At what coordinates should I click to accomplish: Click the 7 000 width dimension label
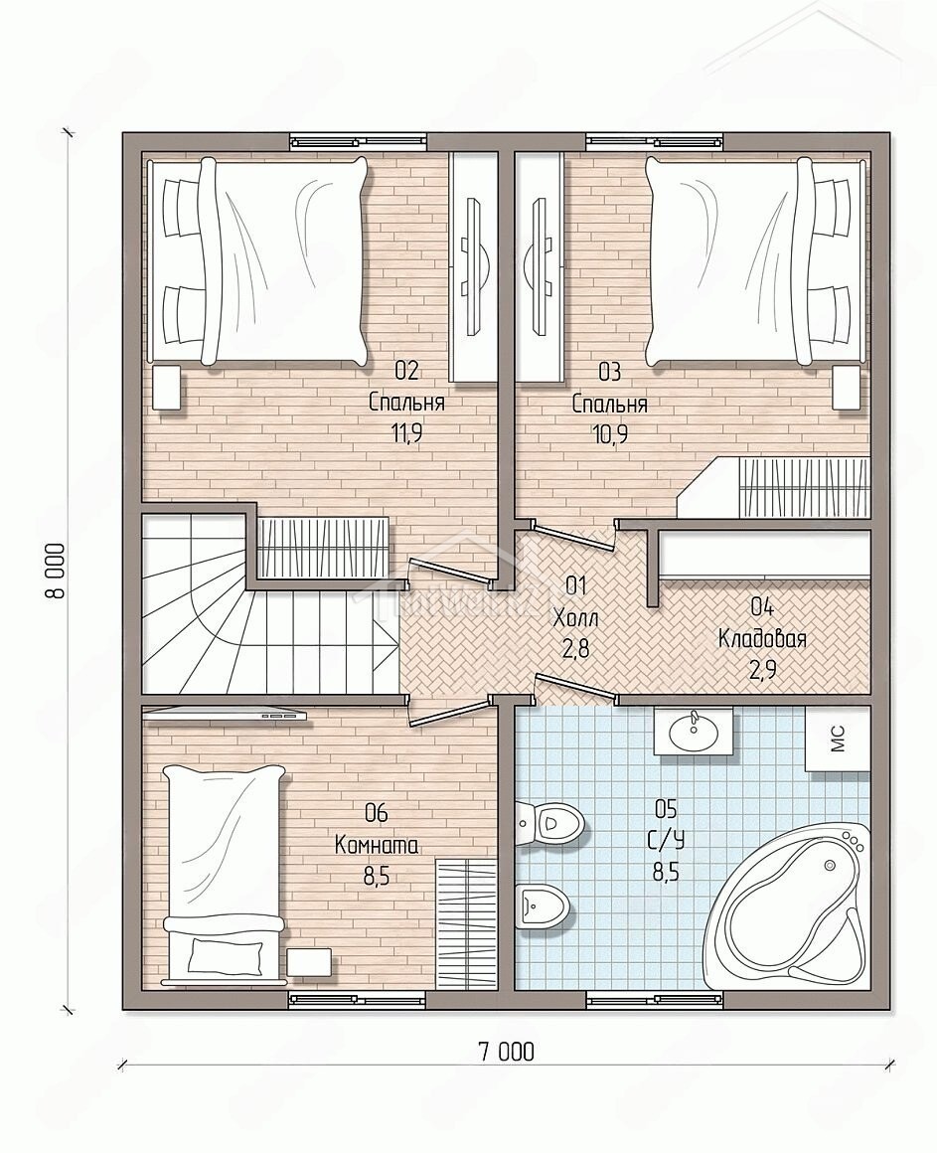tap(506, 1052)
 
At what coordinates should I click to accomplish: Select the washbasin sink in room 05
tap(693, 731)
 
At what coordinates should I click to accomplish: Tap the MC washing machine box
tap(838, 739)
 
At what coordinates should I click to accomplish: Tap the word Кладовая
tap(762, 638)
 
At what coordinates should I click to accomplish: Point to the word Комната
tap(377, 845)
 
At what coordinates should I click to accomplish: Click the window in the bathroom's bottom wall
tap(656, 999)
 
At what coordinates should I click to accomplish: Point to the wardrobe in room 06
tap(466, 922)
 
